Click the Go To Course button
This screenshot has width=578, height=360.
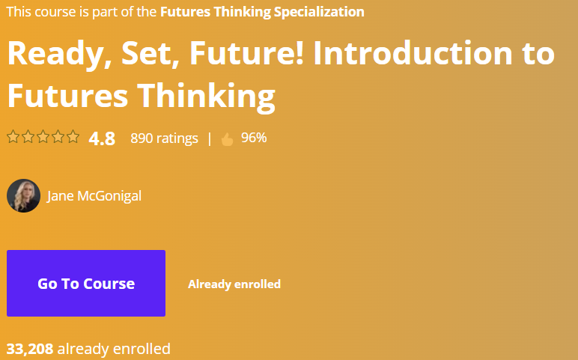[x=86, y=283]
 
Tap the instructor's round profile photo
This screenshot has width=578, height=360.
[x=24, y=195]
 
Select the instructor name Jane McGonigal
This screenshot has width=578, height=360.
[x=94, y=195]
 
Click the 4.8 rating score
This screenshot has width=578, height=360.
[x=102, y=138]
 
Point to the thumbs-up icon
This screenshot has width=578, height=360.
[x=228, y=139]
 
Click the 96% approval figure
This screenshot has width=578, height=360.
[x=254, y=138]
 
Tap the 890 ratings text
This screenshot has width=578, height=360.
[x=164, y=138]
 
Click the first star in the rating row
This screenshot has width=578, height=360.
[x=13, y=136]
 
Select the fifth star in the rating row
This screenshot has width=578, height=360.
[x=73, y=136]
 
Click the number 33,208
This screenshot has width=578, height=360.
[x=30, y=349]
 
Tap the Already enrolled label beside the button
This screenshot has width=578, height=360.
[x=234, y=284]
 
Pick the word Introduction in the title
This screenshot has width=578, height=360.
[x=413, y=53]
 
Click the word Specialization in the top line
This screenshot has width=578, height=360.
[x=319, y=12]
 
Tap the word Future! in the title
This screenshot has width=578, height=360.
[x=246, y=53]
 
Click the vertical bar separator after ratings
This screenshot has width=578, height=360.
[x=210, y=138]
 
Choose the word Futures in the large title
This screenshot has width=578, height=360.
[x=67, y=95]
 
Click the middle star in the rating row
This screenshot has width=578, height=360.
[x=43, y=136]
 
